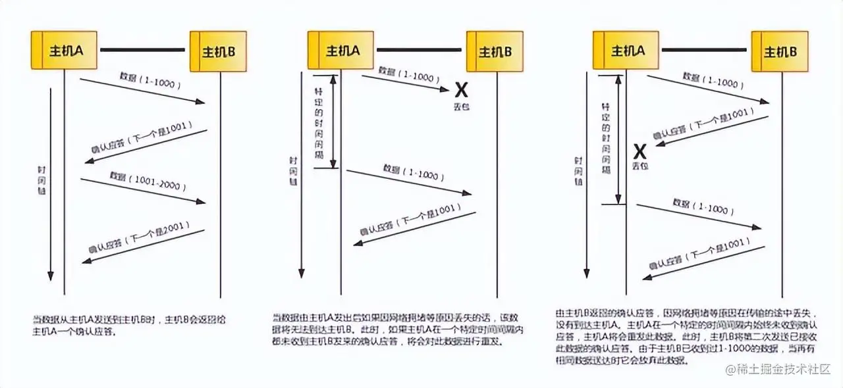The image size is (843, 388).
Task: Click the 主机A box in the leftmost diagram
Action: coord(64,50)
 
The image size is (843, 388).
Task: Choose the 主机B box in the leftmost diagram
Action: coord(218,51)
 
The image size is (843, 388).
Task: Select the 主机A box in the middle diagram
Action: coord(341,50)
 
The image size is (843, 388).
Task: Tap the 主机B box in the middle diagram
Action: coord(495,51)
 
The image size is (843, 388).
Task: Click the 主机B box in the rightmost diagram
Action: coord(780,51)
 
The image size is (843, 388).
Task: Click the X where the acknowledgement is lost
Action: coord(639,152)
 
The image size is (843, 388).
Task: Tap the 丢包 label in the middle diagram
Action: coord(461,106)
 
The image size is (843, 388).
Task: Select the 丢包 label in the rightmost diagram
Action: coord(639,166)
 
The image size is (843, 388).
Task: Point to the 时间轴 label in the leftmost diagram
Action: coord(41,180)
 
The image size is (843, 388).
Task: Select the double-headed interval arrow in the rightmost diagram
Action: coord(618,139)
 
